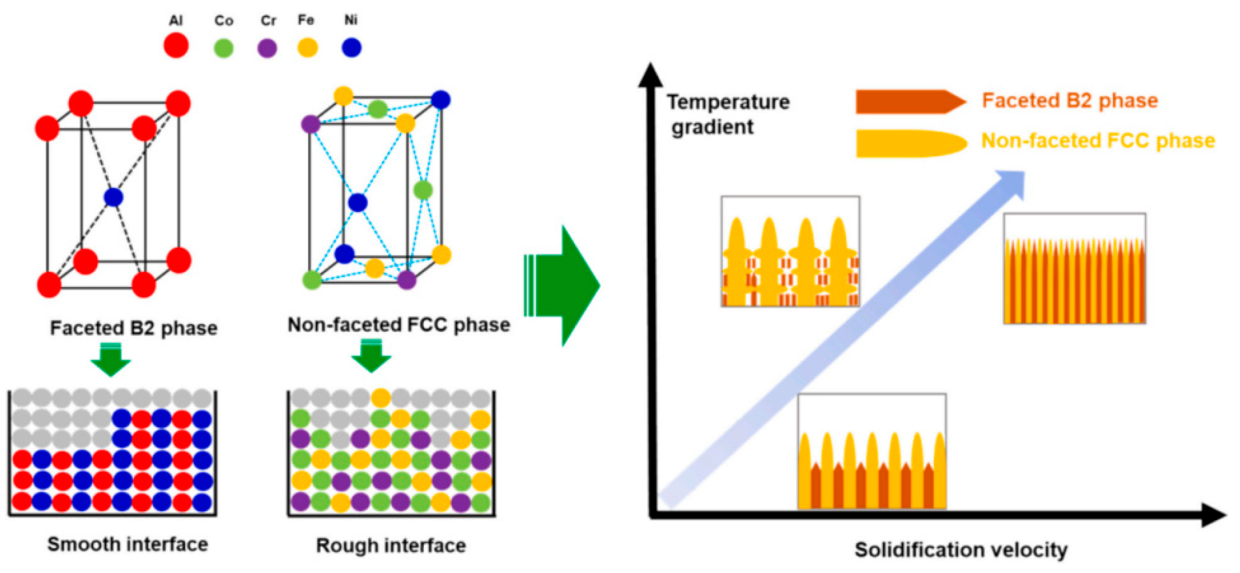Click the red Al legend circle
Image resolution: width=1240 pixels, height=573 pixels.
click(x=176, y=46)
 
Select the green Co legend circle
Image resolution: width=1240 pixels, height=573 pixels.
click(x=223, y=48)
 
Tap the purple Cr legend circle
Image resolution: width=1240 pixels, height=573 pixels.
click(x=267, y=48)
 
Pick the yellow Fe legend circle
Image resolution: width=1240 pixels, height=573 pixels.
click(x=308, y=47)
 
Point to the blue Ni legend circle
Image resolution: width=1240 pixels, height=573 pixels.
click(x=352, y=47)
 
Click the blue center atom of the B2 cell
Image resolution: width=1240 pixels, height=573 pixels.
click(x=113, y=197)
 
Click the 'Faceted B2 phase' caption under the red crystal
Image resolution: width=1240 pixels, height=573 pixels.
click(x=134, y=328)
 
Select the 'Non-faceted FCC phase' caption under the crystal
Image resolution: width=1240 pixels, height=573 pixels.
click(x=399, y=325)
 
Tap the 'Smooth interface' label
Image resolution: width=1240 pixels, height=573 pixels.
click(x=127, y=544)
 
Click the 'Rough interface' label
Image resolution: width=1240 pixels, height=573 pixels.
click(x=391, y=545)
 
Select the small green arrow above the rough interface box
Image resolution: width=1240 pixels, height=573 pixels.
click(x=371, y=357)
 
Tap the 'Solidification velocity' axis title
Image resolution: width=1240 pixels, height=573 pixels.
click(x=961, y=549)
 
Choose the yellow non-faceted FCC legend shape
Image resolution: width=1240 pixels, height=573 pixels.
click(x=910, y=143)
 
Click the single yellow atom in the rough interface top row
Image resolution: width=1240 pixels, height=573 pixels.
click(x=381, y=398)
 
